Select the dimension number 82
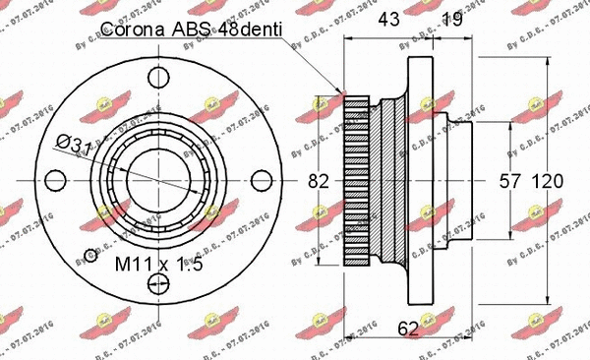coord(318,181)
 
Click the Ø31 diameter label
coord(74,146)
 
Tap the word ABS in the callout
coord(201,31)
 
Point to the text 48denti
coord(252,31)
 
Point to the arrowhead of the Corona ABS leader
coord(345,91)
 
